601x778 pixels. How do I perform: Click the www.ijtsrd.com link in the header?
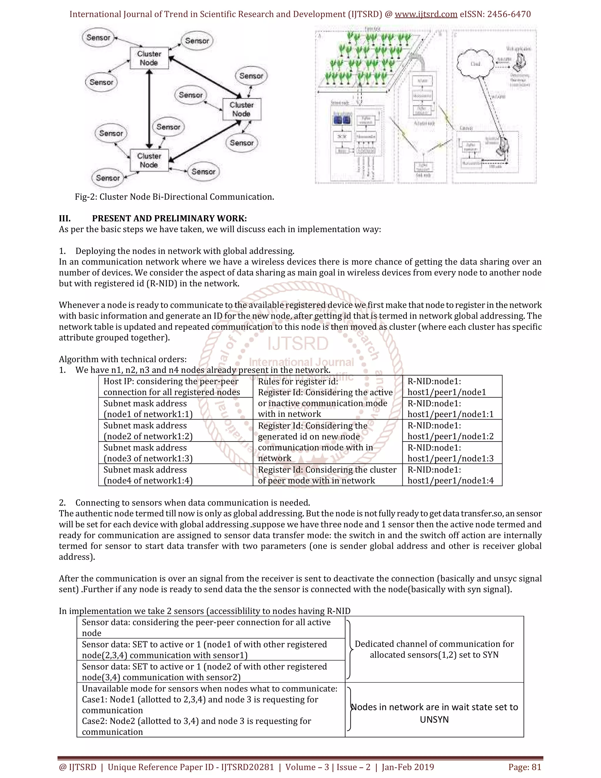426,14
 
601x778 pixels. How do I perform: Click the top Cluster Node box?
149,58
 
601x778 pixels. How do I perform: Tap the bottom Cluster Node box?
149,160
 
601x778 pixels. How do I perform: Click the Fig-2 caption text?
174,197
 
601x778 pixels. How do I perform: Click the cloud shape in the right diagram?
475,64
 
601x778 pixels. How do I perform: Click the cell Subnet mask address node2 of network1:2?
148,431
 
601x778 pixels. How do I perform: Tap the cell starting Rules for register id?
325,398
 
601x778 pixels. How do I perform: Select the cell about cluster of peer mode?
327,475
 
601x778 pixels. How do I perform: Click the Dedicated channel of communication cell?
434,649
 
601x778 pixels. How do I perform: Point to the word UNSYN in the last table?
434,720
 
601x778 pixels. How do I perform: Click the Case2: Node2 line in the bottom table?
196,721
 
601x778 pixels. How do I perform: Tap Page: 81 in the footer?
524,767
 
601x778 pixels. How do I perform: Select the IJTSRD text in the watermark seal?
298,344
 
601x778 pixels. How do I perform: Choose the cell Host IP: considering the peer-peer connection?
171,387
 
